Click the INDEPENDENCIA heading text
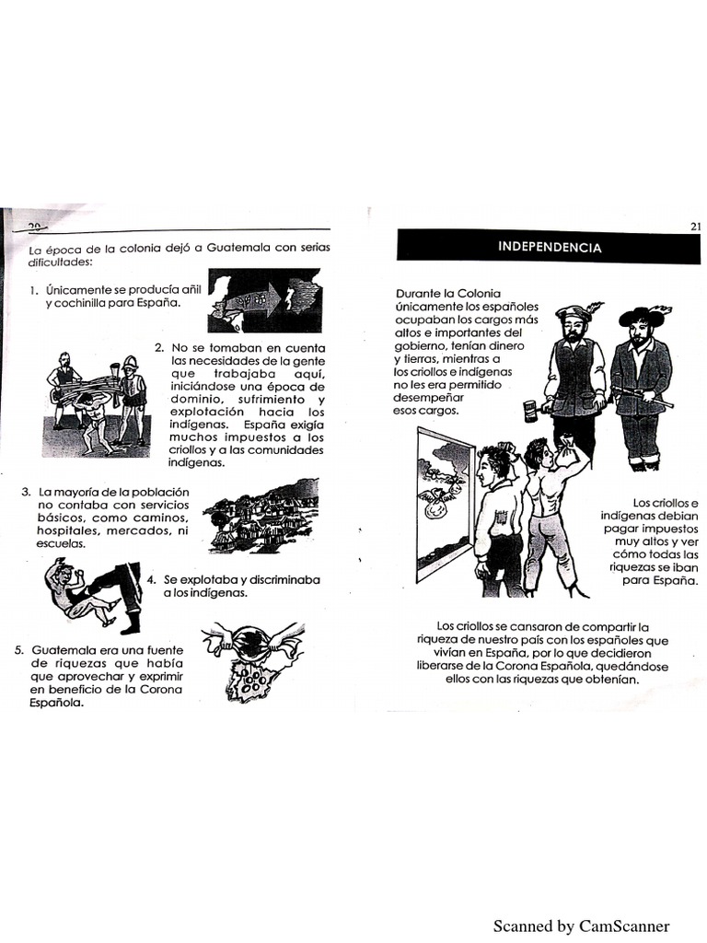550,247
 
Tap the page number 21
694,227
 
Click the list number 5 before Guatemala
18,649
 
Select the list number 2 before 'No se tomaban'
158,347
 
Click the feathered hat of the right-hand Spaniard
641,316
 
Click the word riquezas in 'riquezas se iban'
641,568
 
